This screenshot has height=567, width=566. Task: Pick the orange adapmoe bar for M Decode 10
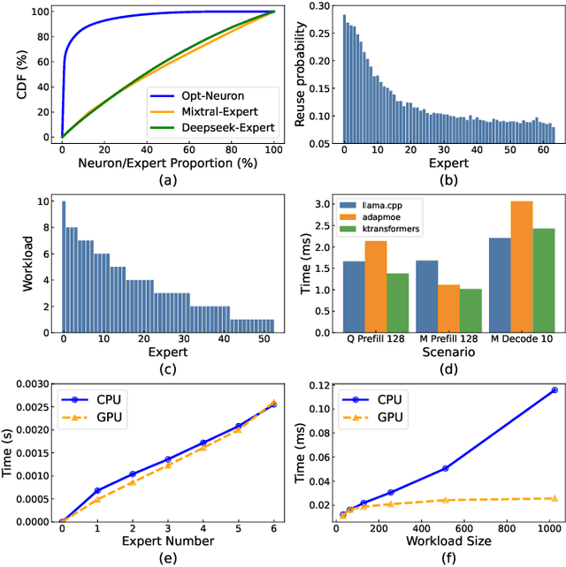point(521,266)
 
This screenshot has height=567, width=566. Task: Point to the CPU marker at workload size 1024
point(555,389)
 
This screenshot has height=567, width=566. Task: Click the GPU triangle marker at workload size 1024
point(555,498)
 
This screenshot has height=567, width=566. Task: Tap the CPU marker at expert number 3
point(168,459)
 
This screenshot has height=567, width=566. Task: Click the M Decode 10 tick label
point(521,336)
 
